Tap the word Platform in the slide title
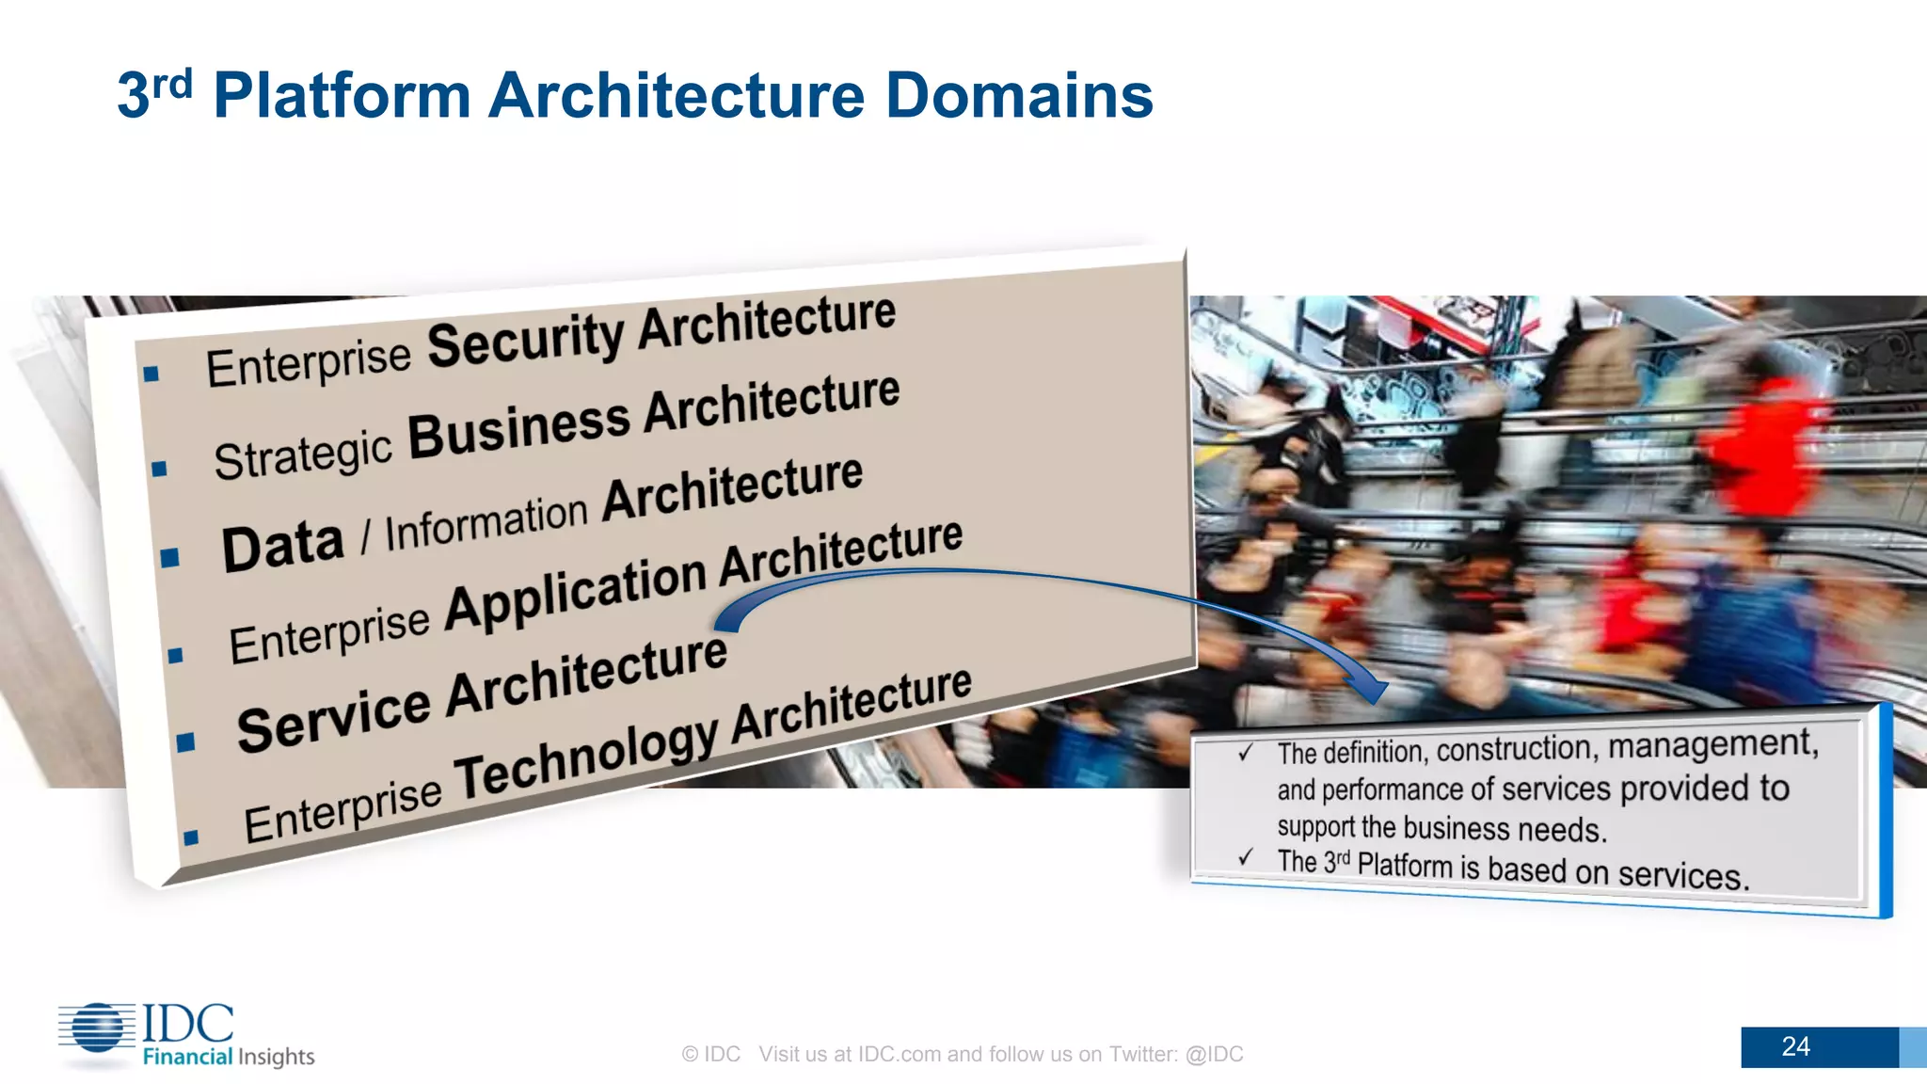coord(342,96)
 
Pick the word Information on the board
coord(486,522)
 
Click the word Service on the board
coord(333,718)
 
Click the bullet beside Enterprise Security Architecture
coord(151,375)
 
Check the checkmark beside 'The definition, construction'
coord(1246,753)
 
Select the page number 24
coord(1795,1046)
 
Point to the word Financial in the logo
coord(187,1057)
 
